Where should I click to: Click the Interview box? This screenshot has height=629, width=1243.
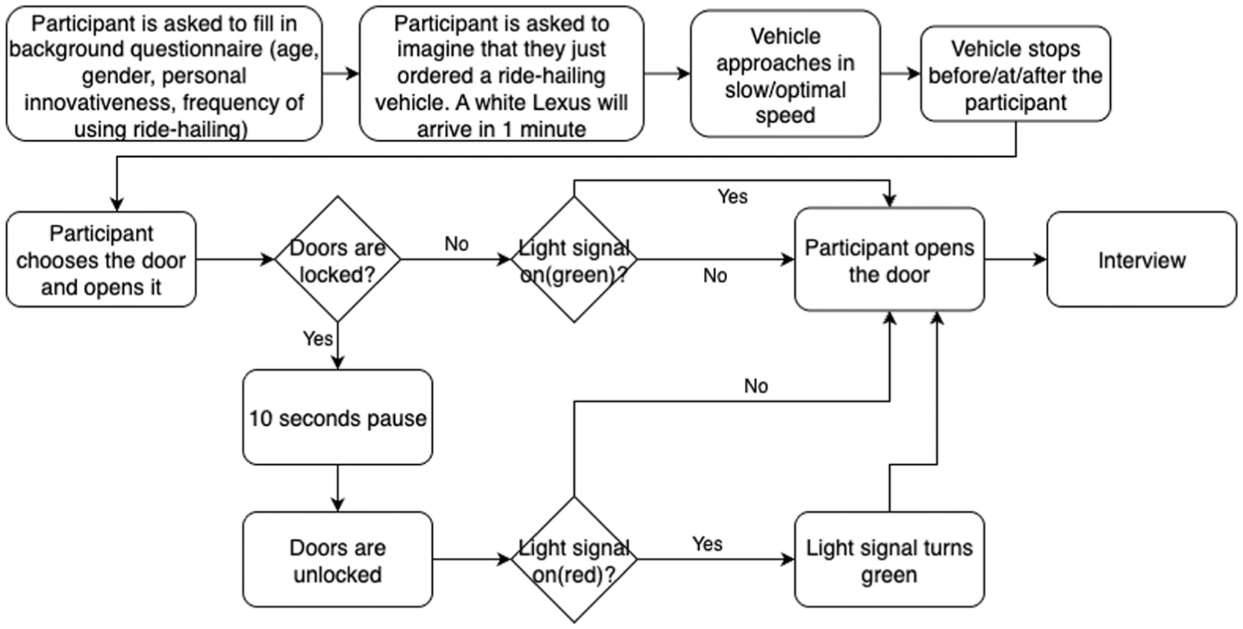(x=1141, y=259)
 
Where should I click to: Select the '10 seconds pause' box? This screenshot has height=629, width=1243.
(x=337, y=418)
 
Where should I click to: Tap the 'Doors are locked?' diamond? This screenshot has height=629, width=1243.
(x=337, y=259)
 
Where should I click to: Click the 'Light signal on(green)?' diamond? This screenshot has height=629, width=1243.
(x=574, y=259)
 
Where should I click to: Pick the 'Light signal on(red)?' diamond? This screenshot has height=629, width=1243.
(x=574, y=560)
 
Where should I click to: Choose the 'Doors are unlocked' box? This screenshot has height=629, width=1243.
(x=337, y=560)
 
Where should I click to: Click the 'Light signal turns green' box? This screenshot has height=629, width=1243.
(x=890, y=560)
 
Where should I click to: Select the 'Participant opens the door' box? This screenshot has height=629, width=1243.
(x=890, y=259)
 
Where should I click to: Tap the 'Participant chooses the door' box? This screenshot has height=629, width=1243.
(x=101, y=259)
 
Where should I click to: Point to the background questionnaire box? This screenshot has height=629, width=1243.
(x=164, y=74)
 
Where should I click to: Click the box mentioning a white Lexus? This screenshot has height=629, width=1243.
(x=502, y=74)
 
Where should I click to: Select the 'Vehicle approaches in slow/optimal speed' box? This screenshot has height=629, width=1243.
(x=785, y=74)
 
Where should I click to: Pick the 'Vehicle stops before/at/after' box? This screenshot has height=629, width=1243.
(x=1015, y=74)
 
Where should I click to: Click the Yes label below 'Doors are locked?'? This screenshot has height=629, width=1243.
(x=318, y=338)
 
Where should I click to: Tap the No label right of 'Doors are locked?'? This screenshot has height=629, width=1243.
(x=457, y=244)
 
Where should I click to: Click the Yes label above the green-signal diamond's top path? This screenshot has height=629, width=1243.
(x=732, y=196)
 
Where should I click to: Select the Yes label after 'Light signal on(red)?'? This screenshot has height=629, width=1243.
(x=708, y=544)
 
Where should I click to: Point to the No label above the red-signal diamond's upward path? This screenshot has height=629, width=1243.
(x=756, y=385)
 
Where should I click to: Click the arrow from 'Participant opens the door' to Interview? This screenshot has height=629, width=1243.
(x=1016, y=259)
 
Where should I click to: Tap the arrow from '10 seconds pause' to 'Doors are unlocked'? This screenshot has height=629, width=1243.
(x=337, y=489)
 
